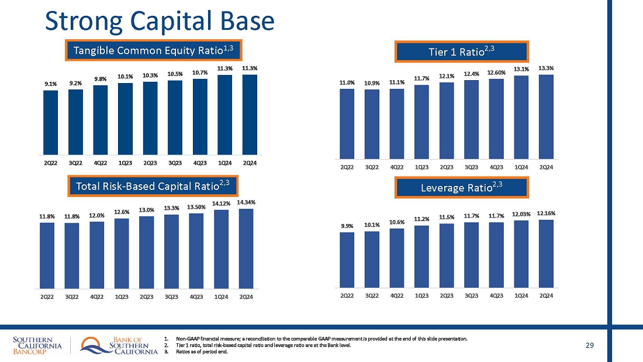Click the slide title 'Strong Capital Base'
coord(160,21)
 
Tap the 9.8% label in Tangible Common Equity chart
coord(101,79)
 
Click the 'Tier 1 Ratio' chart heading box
coord(462,51)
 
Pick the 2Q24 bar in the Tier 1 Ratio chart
coord(547,116)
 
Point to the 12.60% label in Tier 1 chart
coord(496,73)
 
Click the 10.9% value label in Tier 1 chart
coord(372,83)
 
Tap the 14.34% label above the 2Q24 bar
coord(246,202)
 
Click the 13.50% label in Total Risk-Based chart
coord(196,207)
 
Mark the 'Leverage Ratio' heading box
coord(462,187)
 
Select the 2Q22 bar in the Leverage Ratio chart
coord(347,260)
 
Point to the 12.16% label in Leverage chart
coord(547,213)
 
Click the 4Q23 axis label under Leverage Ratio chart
coord(496,295)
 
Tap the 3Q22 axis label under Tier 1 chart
coord(372,167)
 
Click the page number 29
coord(589,346)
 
